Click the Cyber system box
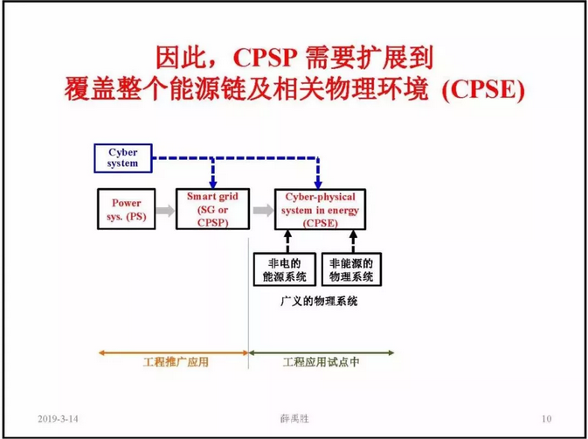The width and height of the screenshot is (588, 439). click(123, 158)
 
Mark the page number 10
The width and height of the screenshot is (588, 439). click(546, 418)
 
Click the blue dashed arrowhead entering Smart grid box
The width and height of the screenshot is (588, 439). click(213, 181)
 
